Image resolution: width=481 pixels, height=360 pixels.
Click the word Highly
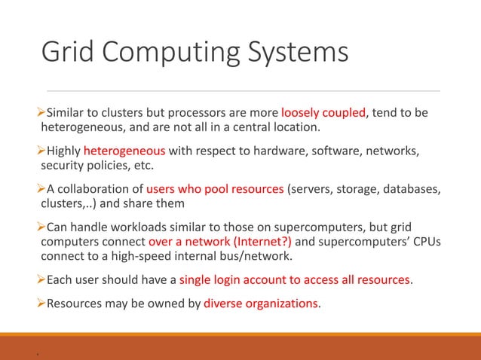64,150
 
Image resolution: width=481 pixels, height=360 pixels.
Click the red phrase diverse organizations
256,304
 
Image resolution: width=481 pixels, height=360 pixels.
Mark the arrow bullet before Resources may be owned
42,304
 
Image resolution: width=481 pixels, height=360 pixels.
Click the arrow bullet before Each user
42,281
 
